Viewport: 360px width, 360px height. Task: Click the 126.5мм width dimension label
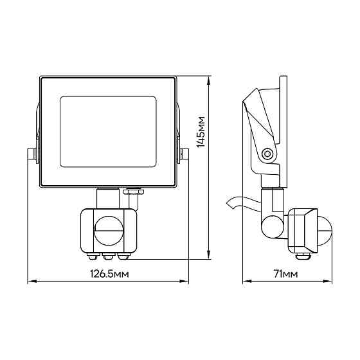tap(109, 274)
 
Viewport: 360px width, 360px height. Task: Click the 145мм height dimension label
tap(201, 132)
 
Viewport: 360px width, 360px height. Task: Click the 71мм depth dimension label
tap(285, 274)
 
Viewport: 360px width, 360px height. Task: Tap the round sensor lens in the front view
tap(109, 231)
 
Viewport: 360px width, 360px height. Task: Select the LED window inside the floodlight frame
tap(108, 132)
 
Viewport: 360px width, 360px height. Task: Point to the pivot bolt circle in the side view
tap(267, 154)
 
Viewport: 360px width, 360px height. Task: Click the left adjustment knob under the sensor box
tap(92, 256)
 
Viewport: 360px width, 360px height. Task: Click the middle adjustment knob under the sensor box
tap(108, 256)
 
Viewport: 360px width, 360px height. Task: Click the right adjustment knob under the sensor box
tap(123, 256)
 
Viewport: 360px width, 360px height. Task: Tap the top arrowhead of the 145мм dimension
tap(209, 81)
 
